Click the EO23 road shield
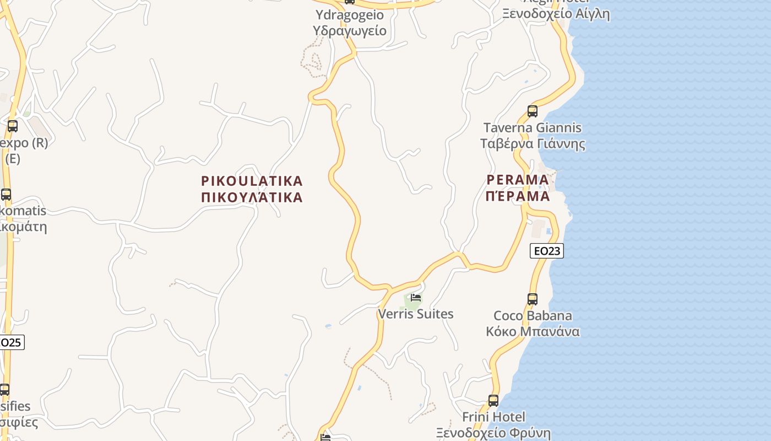point(546,251)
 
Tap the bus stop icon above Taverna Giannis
point(532,111)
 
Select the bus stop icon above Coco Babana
point(532,299)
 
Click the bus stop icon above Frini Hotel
point(493,401)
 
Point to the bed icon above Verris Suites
point(416,298)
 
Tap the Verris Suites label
point(416,314)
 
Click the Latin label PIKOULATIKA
point(252,181)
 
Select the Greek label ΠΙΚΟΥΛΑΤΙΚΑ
point(252,197)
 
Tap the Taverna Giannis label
point(532,128)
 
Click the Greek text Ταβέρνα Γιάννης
point(532,144)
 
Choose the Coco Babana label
point(532,316)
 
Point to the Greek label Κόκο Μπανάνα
point(532,331)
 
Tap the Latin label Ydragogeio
point(349,14)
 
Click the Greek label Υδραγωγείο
point(349,30)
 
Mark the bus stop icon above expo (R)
point(12,126)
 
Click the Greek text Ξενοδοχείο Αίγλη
point(556,14)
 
